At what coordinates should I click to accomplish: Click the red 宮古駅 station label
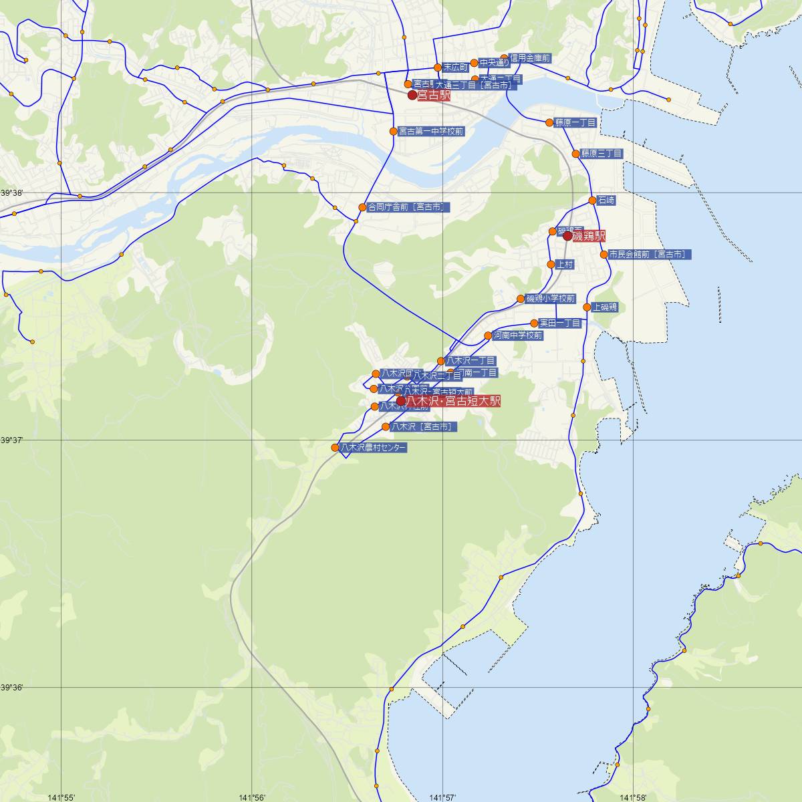point(434,96)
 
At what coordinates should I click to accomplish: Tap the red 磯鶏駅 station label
point(589,236)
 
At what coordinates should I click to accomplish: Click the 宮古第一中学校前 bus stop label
point(430,132)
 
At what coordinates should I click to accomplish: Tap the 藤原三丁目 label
point(601,154)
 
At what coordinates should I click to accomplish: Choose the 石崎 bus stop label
point(606,200)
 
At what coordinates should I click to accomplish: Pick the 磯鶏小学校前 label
point(550,299)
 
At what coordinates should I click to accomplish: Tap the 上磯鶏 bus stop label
point(604,307)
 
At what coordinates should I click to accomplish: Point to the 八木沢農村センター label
point(373,448)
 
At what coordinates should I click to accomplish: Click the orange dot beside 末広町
point(438,68)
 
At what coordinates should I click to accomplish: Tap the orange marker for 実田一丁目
point(534,323)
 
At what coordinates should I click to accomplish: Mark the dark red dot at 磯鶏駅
point(567,236)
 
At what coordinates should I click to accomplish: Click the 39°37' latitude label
point(12,440)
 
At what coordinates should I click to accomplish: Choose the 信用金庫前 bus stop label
point(529,59)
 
